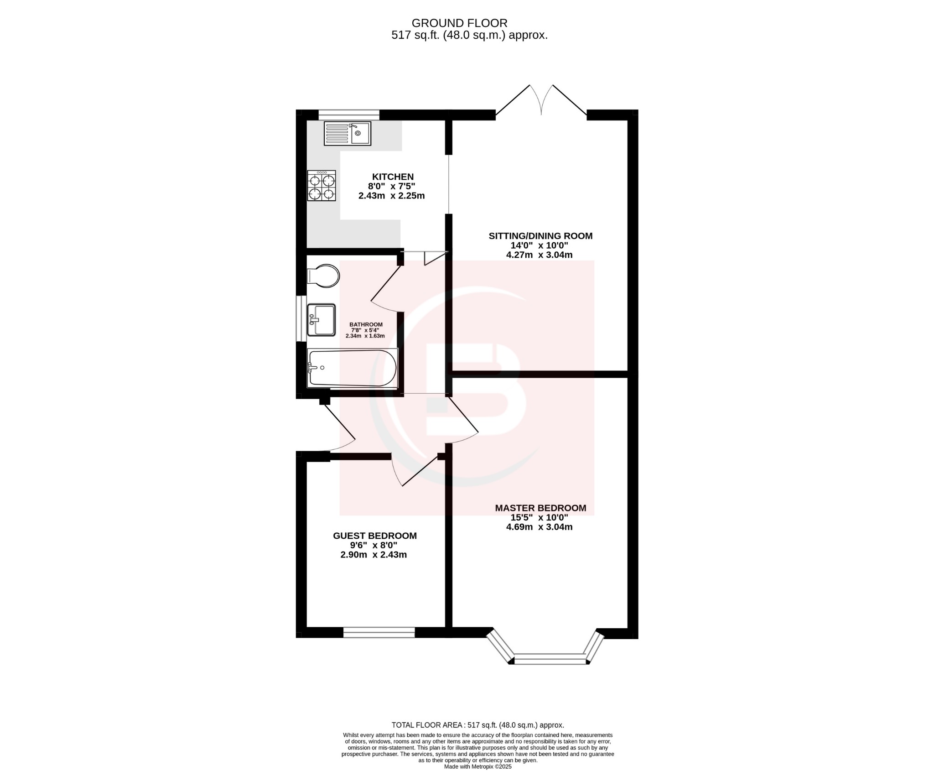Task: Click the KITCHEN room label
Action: tap(393, 177)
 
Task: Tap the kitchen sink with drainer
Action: tap(347, 133)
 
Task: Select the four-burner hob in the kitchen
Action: tap(322, 186)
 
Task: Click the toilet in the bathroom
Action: tap(324, 276)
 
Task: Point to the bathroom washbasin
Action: tap(321, 320)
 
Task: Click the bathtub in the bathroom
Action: tap(353, 368)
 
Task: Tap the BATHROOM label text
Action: tap(366, 324)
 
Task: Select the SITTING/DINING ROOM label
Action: tap(540, 236)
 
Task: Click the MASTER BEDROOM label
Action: tap(540, 508)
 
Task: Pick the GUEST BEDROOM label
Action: tap(374, 536)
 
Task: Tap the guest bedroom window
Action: tap(379, 632)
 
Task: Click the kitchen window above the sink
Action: tap(348, 114)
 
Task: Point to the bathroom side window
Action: tap(301, 318)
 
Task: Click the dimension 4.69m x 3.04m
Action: tap(539, 527)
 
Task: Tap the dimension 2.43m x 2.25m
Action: tap(391, 196)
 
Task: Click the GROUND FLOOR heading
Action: tap(459, 23)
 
